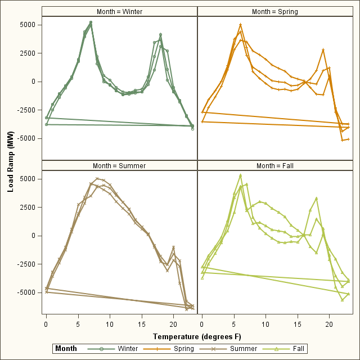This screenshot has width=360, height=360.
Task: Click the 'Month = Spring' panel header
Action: (275, 11)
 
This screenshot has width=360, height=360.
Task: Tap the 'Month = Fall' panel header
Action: (275, 165)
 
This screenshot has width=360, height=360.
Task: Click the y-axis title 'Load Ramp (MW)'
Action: (11, 165)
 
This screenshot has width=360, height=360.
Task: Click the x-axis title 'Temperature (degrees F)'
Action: (197, 336)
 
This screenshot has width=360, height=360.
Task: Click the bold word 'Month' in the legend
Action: (66, 349)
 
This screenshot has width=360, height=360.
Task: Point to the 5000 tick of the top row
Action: (28, 25)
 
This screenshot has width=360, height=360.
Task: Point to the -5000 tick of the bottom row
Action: (26, 292)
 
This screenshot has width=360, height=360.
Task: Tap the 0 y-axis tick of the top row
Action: (35, 82)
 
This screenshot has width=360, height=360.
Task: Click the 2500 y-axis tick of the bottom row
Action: (28, 208)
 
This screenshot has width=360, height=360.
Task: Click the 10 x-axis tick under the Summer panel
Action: (110, 325)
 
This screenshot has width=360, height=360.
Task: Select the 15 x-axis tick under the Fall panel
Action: (298, 325)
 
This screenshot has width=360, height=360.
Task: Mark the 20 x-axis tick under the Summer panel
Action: (173, 325)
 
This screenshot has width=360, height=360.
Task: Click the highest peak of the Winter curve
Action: (91, 22)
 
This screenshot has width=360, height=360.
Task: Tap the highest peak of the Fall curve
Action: (240, 175)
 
